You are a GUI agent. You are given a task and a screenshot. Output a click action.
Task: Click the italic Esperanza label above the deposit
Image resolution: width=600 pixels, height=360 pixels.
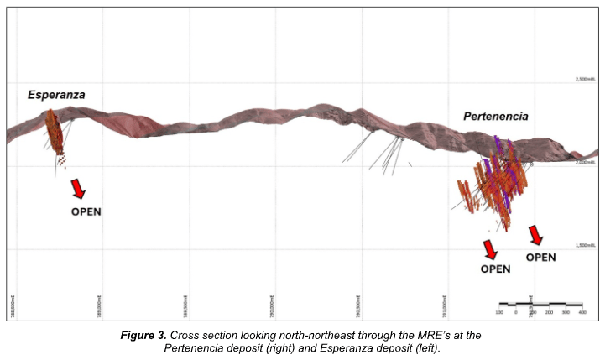(x=55, y=95)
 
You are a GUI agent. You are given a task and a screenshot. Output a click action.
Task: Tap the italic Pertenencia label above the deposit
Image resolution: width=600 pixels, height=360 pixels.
(x=496, y=117)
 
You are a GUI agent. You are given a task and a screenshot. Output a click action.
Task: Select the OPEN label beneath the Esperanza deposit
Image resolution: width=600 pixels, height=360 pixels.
(x=86, y=211)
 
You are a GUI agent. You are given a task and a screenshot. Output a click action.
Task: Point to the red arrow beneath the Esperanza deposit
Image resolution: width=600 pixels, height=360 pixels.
(x=78, y=188)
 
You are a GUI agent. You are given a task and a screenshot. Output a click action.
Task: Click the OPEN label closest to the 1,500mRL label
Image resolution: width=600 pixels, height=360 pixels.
(x=540, y=258)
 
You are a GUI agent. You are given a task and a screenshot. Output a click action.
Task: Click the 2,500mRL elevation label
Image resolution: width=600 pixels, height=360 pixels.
(x=585, y=79)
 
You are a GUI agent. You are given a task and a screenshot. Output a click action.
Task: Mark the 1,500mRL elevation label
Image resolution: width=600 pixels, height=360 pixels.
(x=585, y=245)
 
